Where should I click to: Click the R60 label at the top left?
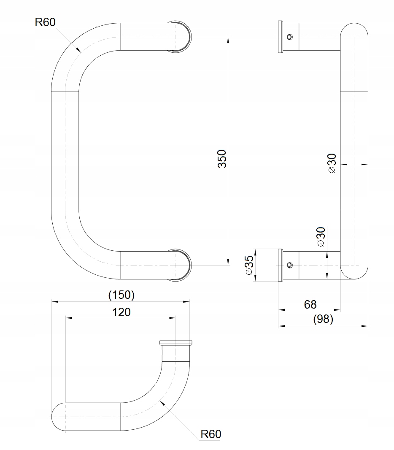click(45, 22)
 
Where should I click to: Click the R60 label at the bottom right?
click(210, 434)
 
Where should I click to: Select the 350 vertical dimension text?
click(222, 159)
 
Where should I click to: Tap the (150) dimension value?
click(121, 295)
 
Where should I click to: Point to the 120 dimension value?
click(121, 312)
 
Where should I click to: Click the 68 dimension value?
click(310, 304)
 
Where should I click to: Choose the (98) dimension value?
click(324, 320)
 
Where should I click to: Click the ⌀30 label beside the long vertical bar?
click(332, 164)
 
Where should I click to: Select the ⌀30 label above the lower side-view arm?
click(321, 237)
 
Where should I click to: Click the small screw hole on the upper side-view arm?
click(289, 37)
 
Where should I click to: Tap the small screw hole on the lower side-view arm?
click(289, 265)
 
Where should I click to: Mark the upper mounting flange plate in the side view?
click(280, 37)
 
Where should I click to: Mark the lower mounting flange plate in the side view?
click(280, 265)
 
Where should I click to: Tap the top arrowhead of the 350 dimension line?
click(228, 40)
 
